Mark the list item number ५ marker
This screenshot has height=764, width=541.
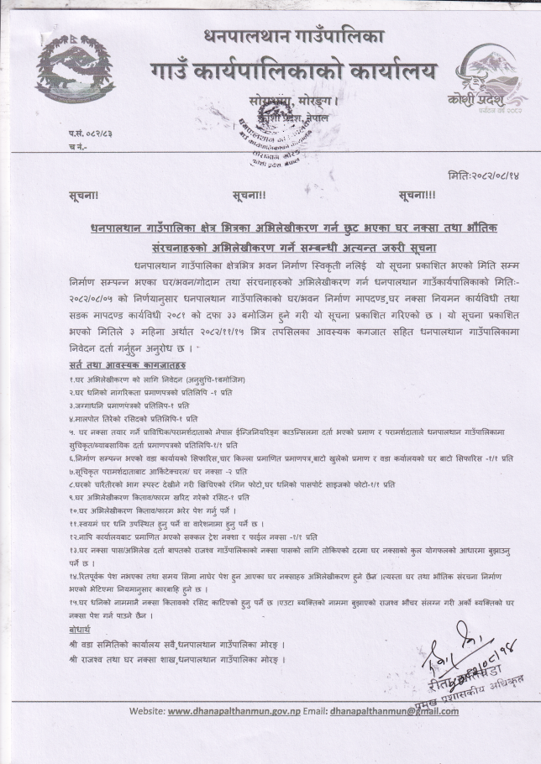pyautogui.click(x=73, y=429)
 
